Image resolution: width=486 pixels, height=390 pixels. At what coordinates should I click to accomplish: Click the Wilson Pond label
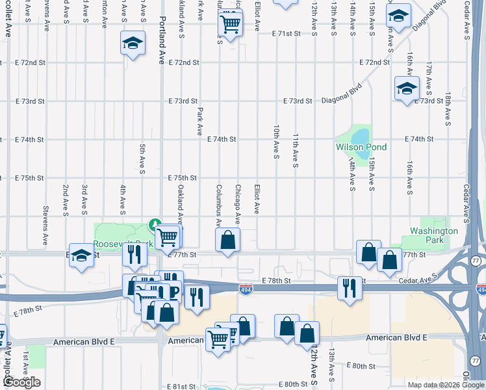(x=361, y=148)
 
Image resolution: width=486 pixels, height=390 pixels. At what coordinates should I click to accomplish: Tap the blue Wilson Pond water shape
(x=359, y=136)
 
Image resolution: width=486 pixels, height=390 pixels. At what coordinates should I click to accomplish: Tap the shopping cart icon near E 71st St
(x=231, y=23)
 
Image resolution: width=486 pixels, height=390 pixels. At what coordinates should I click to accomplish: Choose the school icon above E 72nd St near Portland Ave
(x=133, y=44)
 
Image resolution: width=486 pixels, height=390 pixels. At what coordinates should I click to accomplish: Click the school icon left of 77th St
(x=82, y=255)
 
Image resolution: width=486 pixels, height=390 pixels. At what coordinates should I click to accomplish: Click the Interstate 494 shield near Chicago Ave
(x=245, y=287)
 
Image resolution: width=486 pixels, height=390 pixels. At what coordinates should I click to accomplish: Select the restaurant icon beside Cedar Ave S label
(x=349, y=288)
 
